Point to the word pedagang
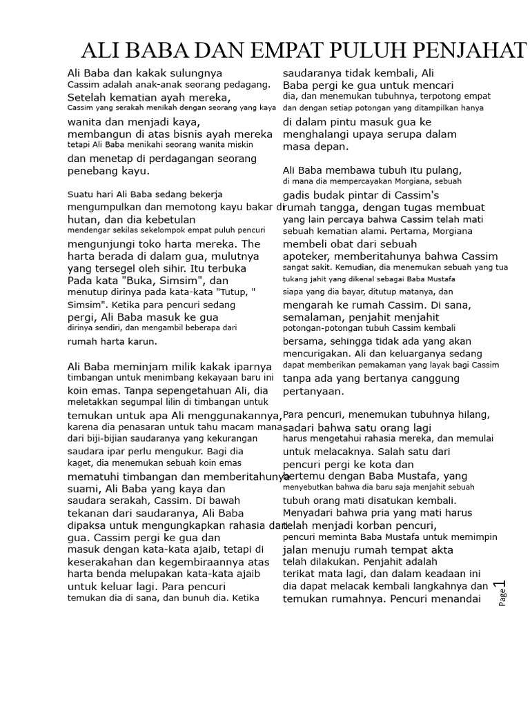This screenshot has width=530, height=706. pos(246,84)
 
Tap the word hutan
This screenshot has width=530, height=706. pos(84,219)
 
